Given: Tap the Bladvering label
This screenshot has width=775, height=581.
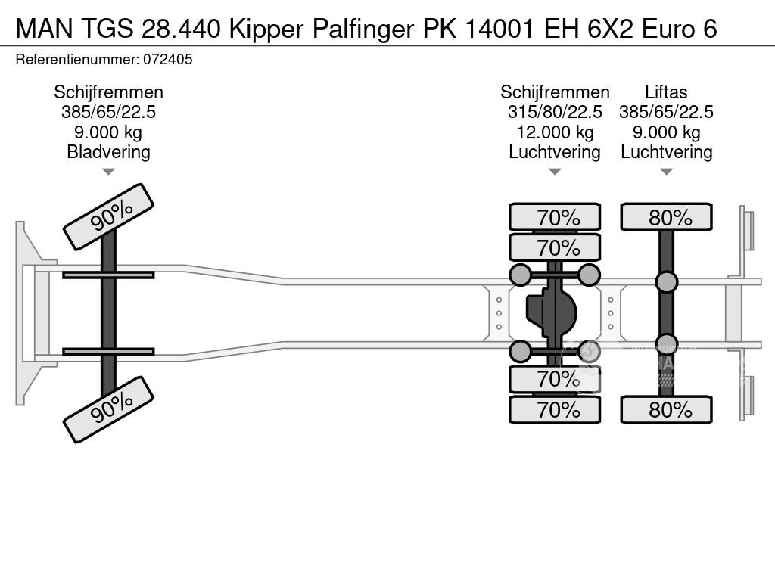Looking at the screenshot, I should pyautogui.click(x=108, y=151).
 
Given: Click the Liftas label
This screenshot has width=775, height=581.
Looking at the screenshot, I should pyautogui.click(x=666, y=92).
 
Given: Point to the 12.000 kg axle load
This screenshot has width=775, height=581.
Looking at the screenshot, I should pyautogui.click(x=555, y=132).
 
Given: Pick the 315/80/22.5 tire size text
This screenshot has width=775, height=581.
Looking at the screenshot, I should pyautogui.click(x=555, y=112).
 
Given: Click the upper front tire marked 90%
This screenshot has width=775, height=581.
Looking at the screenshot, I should pyautogui.click(x=108, y=216).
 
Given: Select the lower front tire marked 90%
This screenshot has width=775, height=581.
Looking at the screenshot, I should pyautogui.click(x=108, y=410).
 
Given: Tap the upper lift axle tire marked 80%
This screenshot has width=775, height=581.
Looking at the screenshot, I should pyautogui.click(x=666, y=217).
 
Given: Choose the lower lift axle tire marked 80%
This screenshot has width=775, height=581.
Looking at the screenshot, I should pyautogui.click(x=666, y=409).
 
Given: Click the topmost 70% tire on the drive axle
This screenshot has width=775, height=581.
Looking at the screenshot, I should pyautogui.click(x=555, y=217).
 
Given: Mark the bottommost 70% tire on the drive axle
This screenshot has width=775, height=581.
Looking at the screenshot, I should pyautogui.click(x=555, y=409).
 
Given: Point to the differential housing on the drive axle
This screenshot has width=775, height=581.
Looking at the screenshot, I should pyautogui.click(x=552, y=313).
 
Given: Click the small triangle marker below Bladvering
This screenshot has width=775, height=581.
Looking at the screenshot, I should pyautogui.click(x=108, y=172).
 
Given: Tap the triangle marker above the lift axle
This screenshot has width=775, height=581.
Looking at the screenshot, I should pyautogui.click(x=666, y=172).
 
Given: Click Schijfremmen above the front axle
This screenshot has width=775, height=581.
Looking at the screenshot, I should pyautogui.click(x=108, y=92).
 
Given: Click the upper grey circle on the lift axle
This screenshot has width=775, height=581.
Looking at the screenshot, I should pyautogui.click(x=666, y=282).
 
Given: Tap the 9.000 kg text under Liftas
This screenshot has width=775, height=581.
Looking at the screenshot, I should pyautogui.click(x=666, y=132).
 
